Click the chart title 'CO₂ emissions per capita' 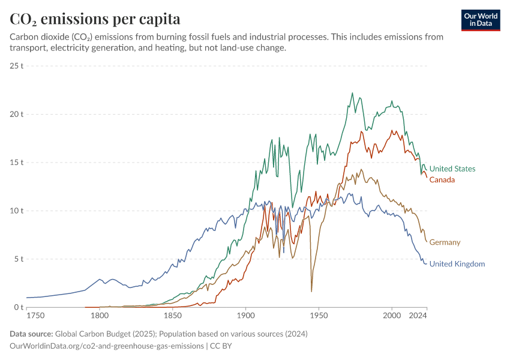(x=95, y=19)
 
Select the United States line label (x=452, y=169)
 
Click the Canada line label (x=442, y=180)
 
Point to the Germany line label (x=445, y=242)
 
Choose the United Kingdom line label (x=457, y=264)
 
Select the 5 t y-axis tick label (x=18, y=259)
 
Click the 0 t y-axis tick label (x=18, y=308)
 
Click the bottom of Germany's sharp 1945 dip (x=311, y=292)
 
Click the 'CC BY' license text (x=222, y=346)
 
